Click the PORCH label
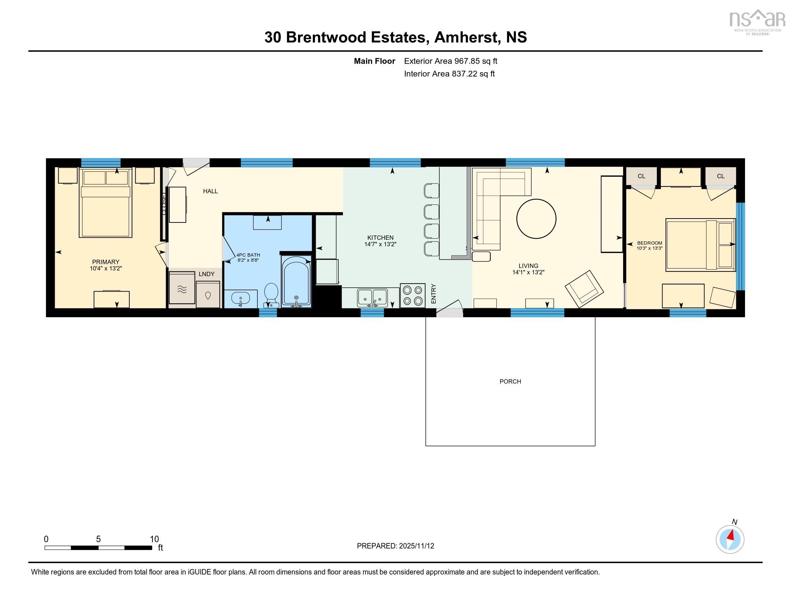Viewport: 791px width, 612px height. pos(510,381)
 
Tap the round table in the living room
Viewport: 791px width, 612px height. pos(536,219)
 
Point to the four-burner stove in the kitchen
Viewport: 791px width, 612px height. pos(412,296)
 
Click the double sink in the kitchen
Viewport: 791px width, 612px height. pos(372,297)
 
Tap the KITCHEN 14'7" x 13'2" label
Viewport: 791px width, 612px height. pos(380,241)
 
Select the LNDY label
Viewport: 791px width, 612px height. pos(206,274)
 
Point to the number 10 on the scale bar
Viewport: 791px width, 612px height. pos(154,539)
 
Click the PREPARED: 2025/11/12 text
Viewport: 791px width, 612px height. pos(395,546)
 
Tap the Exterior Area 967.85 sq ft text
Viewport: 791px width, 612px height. pos(451,61)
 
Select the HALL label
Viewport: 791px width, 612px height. pos(210,191)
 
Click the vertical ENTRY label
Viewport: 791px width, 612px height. pos(434,294)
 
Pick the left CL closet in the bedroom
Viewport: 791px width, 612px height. pos(641,176)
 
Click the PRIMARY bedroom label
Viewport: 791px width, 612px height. pos(106,265)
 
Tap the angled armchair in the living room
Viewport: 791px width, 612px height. pos(584,289)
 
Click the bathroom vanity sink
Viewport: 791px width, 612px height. pos(241,299)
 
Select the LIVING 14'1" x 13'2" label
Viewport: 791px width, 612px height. pos(528,269)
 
